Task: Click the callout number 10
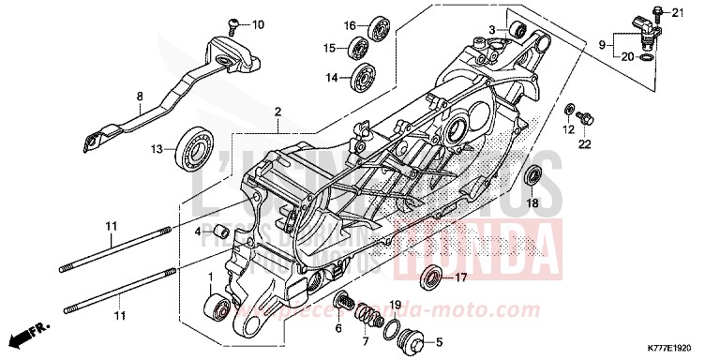(232, 24)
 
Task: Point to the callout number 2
(277, 112)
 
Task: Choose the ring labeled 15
(359, 47)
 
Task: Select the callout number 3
(491, 31)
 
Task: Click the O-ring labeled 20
(644, 58)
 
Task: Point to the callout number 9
(602, 43)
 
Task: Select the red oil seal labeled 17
(431, 277)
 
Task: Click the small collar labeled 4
(221, 231)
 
